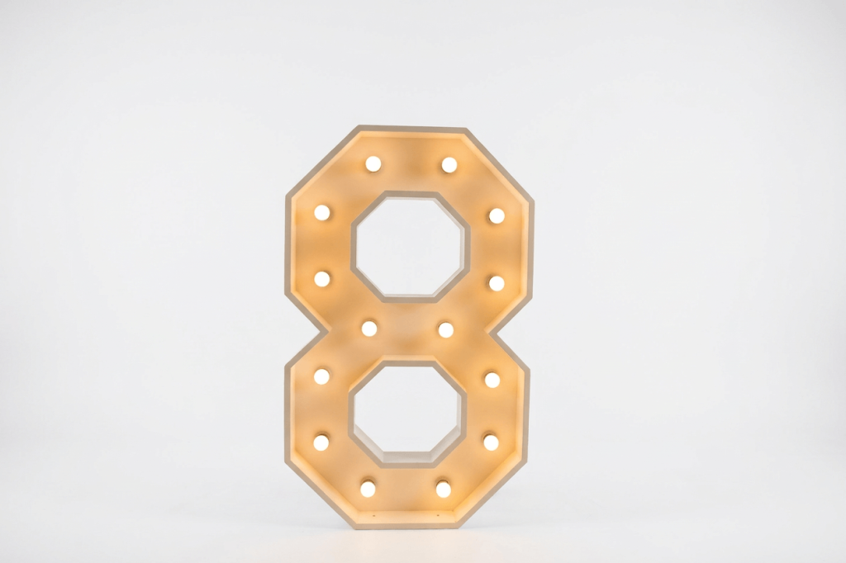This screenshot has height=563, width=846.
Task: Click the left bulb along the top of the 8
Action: pos(373,163)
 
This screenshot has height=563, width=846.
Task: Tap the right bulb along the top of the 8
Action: pos(449,164)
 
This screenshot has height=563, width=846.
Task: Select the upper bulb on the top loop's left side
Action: pos(322,212)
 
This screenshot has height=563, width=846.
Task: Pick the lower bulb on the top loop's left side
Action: pos(322,278)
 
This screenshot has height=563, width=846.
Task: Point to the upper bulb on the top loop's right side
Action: pos(496,215)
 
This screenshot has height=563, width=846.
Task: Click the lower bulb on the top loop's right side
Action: pos(496,283)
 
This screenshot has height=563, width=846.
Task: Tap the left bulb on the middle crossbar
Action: pos(369,328)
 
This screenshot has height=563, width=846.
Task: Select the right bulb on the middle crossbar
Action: pos(445,329)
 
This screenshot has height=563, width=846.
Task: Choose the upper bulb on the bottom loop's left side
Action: pos(321,376)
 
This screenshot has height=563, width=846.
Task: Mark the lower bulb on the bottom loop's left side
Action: pos(321,442)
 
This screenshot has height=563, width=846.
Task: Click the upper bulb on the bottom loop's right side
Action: pos(492,380)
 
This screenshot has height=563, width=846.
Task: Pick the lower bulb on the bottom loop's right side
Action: pos(490,442)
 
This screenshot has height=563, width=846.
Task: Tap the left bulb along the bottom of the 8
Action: pos(368,489)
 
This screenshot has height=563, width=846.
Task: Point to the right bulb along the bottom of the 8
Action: pos(443,489)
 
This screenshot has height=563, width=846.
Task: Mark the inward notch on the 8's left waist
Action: pos(318,329)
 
